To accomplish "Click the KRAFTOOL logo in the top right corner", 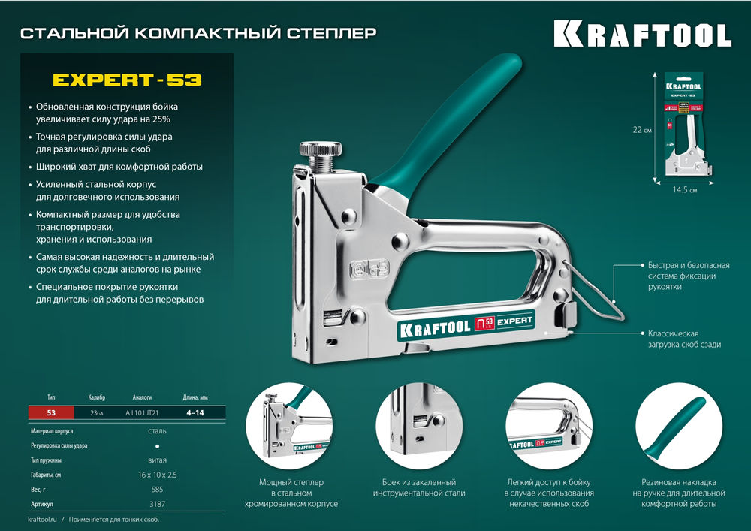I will pos(642,34).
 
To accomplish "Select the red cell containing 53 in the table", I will pos(51,412).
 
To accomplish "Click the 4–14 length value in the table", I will pos(194,412).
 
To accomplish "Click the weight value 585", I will pos(158,489).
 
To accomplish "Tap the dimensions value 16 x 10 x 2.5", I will pos(158,475).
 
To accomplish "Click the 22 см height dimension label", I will pos(642,129).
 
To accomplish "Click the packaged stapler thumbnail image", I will pos(683,124).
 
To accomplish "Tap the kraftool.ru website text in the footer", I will pos(42,520).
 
